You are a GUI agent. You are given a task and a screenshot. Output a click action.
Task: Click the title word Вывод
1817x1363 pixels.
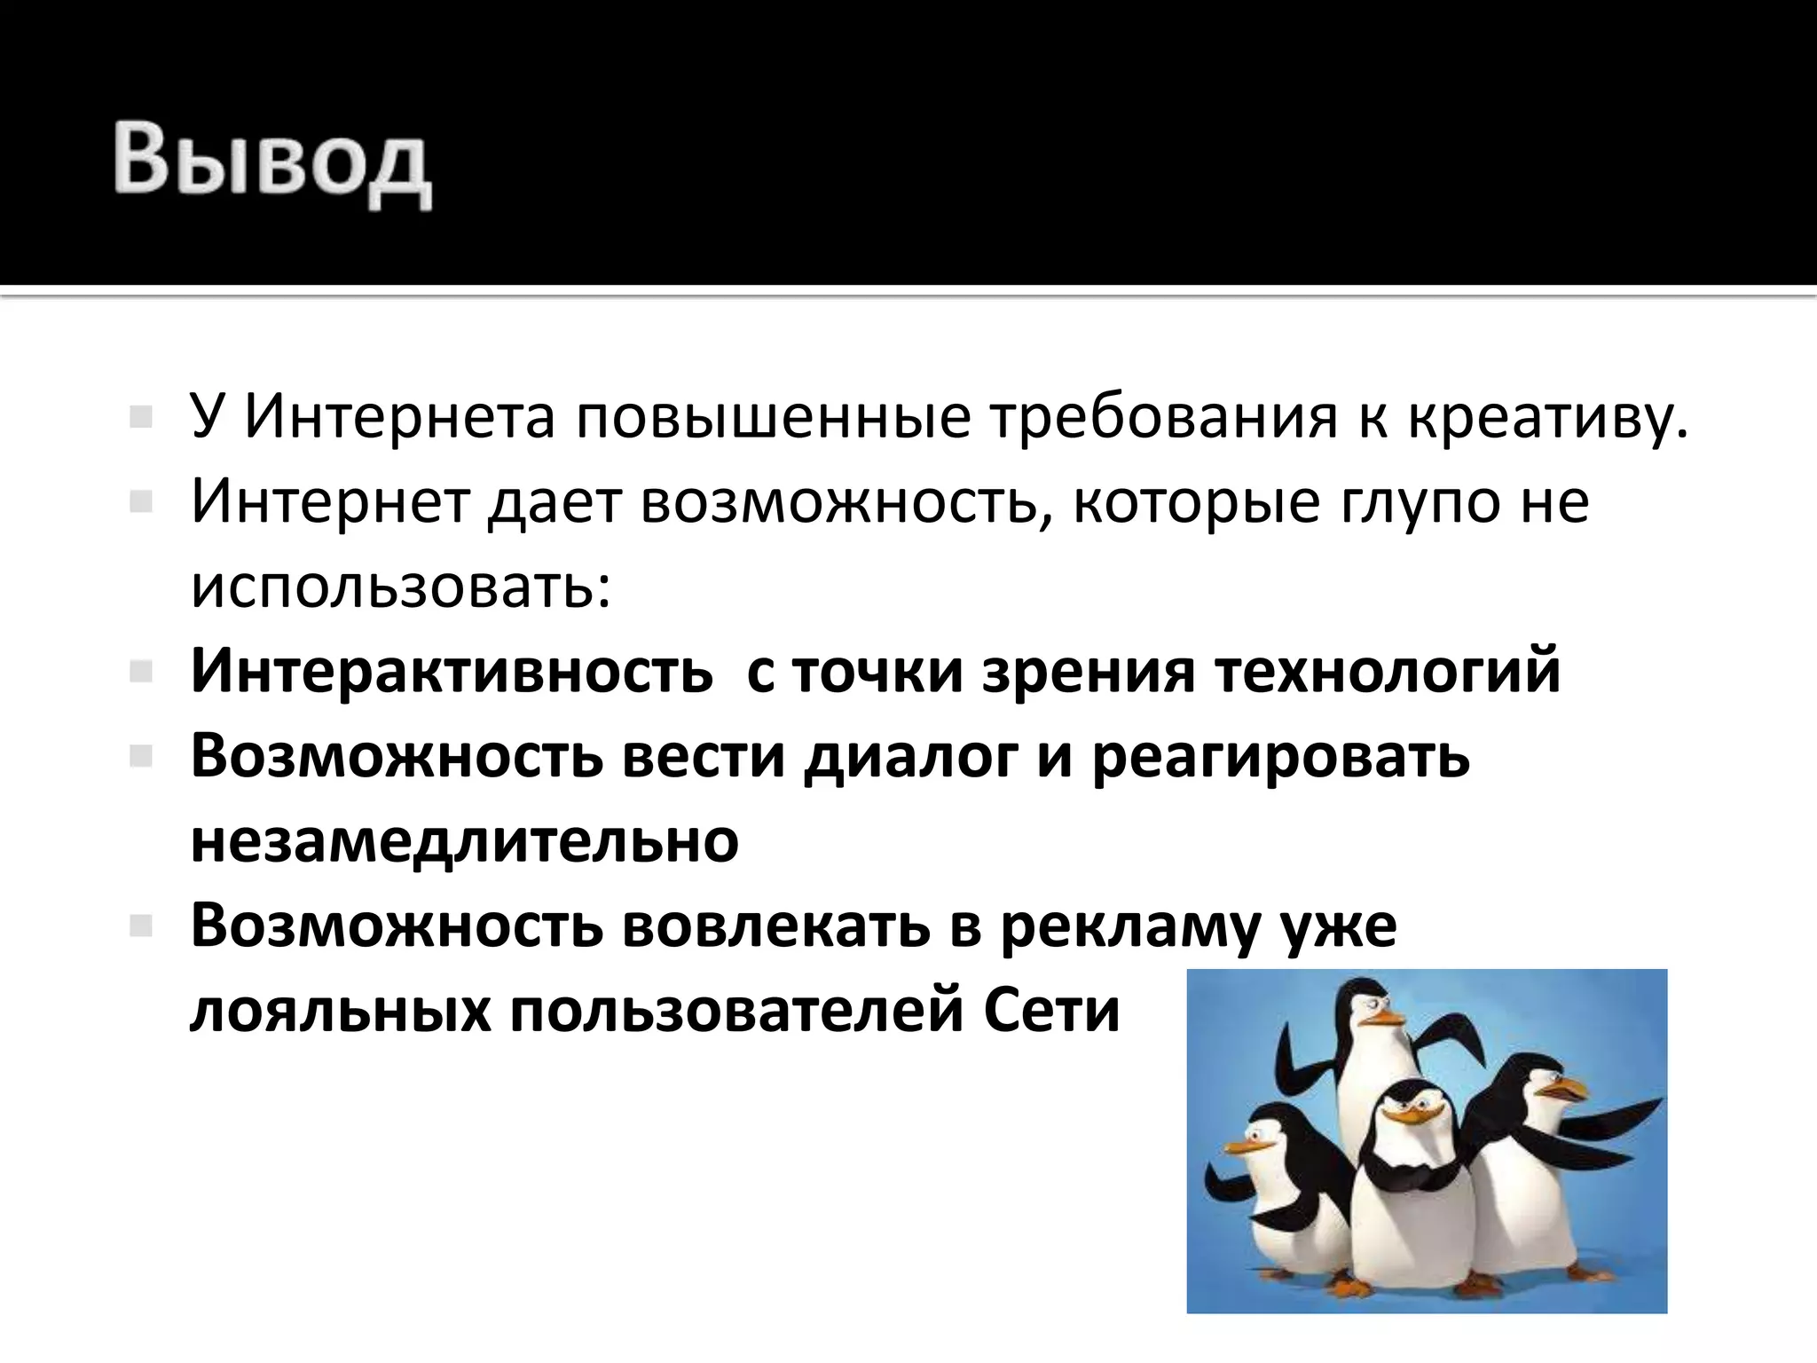271,164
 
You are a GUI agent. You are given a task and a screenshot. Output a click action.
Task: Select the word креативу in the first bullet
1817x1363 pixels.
1547,416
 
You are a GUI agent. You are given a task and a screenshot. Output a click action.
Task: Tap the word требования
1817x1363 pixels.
1163,416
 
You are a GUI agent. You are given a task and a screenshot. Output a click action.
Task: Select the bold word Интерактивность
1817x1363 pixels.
452,671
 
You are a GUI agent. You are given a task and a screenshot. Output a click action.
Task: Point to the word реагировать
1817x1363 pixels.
1280,756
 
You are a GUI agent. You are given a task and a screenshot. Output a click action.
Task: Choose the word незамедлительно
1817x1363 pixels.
464,840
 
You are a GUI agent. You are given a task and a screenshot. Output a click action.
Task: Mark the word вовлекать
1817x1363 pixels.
775,926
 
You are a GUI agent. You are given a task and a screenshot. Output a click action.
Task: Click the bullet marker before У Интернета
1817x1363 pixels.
141,416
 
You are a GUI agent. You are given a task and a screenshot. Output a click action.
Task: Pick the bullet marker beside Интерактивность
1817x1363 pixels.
141,672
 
